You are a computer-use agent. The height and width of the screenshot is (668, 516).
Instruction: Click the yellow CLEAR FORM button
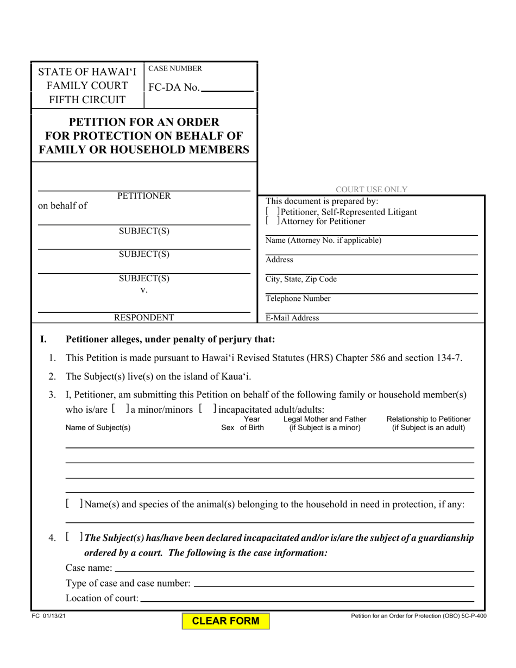(225, 621)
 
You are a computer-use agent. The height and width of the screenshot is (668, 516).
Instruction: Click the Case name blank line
(294, 568)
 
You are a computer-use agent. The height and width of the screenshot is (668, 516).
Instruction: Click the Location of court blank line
(307, 598)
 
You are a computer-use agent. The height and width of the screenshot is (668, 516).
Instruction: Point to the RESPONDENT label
(144, 318)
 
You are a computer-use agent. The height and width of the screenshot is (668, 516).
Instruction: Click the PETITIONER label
(144, 196)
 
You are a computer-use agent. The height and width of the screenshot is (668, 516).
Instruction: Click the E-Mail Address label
(292, 318)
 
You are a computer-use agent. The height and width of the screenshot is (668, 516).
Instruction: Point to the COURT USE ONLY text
(372, 190)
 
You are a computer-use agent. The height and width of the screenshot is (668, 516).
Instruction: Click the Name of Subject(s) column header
(98, 427)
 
